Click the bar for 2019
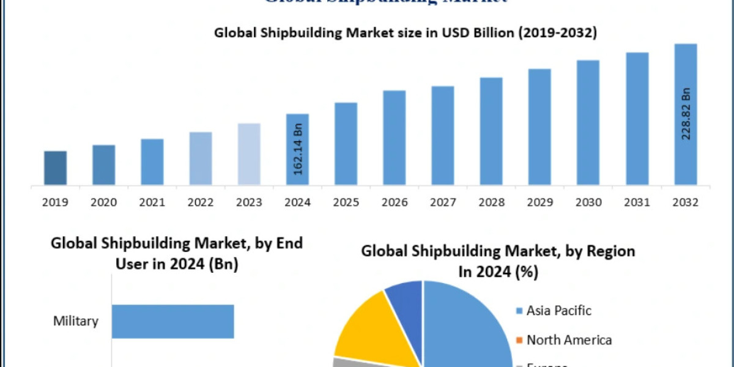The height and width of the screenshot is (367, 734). [55, 168]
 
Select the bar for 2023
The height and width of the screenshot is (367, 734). [249, 154]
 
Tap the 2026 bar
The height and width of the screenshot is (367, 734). [395, 138]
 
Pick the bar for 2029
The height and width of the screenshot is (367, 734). [539, 127]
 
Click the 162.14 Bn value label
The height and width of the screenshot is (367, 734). [298, 150]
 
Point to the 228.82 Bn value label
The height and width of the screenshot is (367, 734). [686, 114]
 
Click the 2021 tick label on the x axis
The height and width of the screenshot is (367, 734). [152, 202]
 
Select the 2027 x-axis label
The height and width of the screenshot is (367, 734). [443, 202]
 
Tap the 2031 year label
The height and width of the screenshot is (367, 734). [637, 202]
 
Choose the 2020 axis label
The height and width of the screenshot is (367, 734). [104, 202]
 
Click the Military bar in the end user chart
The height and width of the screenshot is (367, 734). [172, 321]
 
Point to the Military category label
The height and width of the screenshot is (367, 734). [76, 321]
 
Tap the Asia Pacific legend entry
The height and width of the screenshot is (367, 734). [558, 311]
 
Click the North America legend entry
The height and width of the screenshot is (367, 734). [569, 339]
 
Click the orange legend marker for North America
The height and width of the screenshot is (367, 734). [519, 340]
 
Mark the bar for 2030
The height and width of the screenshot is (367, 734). [588, 122]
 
